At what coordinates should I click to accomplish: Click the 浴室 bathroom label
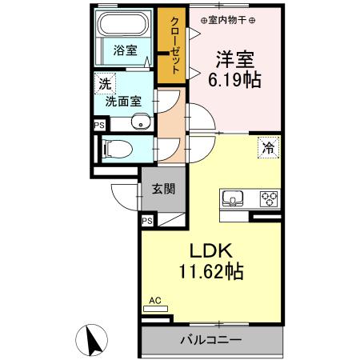125,50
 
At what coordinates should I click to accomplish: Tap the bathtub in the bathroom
124,26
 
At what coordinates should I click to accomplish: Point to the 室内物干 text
228,19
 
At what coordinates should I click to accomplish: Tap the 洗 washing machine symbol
105,83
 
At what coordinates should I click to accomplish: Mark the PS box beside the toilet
98,126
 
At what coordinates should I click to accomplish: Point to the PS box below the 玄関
147,221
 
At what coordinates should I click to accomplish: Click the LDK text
210,251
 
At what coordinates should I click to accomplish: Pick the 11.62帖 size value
210,272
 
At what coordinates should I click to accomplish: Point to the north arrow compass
94,341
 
